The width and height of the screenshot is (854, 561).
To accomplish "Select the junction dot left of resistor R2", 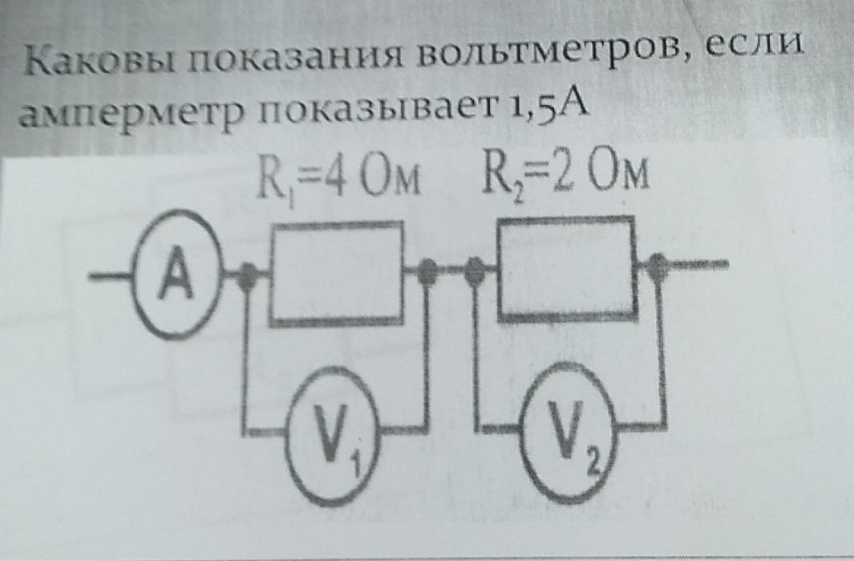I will pyautogui.click(x=475, y=269).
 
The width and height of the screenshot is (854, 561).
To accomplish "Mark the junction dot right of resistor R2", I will pyautogui.click(x=659, y=263).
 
